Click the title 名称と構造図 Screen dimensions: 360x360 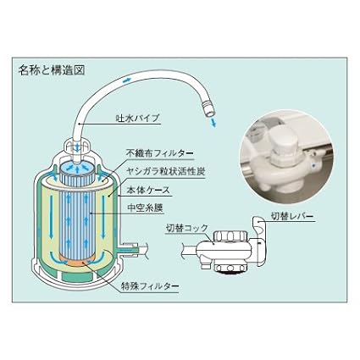point(52,70)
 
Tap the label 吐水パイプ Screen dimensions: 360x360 point(138,118)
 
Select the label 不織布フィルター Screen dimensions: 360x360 point(159,153)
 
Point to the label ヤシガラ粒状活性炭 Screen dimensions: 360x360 point(165,171)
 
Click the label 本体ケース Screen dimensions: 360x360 point(148,190)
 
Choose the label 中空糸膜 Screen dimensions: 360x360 point(145,208)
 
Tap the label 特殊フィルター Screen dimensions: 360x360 point(150,286)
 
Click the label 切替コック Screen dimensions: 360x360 point(186,228)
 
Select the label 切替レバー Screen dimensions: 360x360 point(292,216)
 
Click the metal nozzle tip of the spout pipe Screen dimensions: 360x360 point(208,111)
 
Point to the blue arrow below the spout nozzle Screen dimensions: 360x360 point(213,122)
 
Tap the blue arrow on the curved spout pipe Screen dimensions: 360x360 point(126,80)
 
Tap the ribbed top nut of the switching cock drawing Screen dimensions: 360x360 point(230,235)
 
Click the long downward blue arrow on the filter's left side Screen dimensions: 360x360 point(51,217)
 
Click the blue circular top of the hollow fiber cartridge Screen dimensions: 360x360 point(76,169)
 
